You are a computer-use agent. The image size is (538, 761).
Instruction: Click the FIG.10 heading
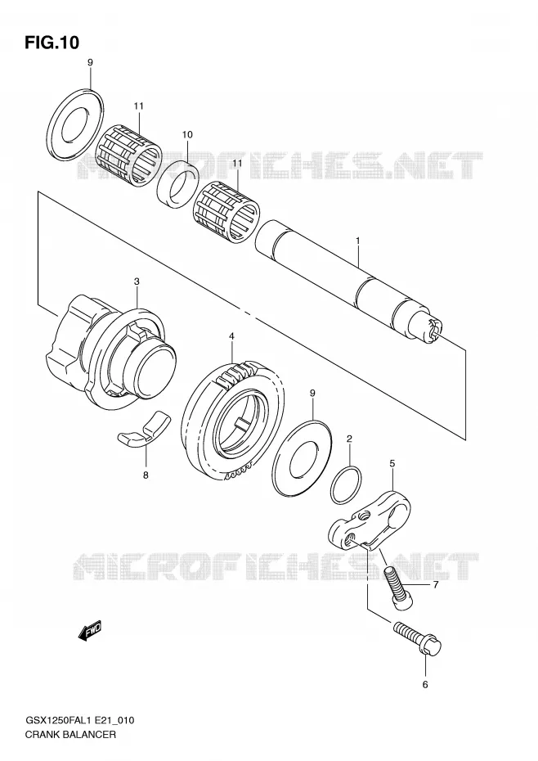(52, 43)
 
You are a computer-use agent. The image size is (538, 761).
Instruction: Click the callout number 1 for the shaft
(357, 241)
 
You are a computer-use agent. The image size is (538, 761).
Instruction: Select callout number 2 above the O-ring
(349, 439)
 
